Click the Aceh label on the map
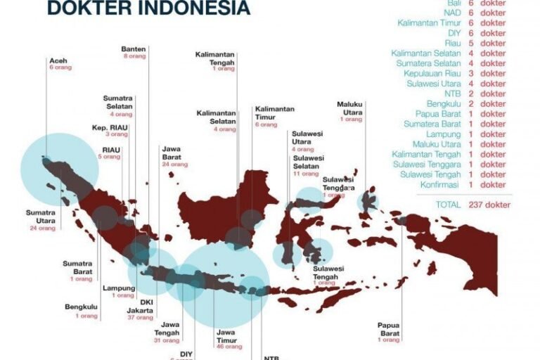click(x=58, y=61)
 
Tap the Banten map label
click(x=134, y=49)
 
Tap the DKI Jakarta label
click(x=146, y=307)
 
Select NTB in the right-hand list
click(x=453, y=94)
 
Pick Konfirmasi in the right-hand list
click(x=439, y=184)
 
